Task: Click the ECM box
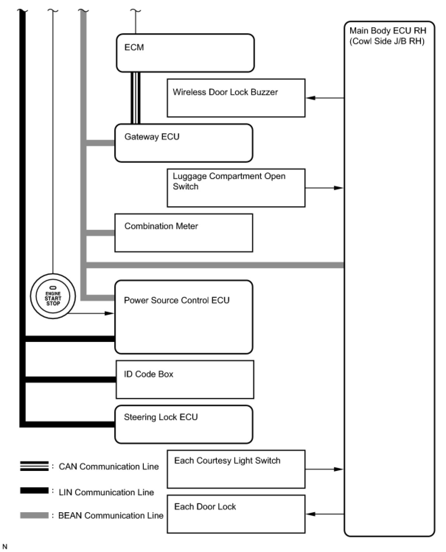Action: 185,53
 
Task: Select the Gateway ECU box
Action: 184,143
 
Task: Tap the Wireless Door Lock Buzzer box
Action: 236,98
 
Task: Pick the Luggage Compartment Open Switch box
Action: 236,188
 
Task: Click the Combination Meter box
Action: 184,233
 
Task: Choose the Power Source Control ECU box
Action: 184,317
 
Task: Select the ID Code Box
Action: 185,380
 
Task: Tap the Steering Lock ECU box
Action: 184,425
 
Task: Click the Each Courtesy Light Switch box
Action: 236,469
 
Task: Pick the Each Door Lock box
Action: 236,514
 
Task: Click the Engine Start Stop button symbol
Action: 53,296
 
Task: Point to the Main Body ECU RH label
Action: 387,36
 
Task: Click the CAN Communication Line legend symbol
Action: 34,466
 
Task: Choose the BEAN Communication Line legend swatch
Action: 34,516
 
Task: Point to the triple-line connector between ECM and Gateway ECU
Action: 136,98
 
